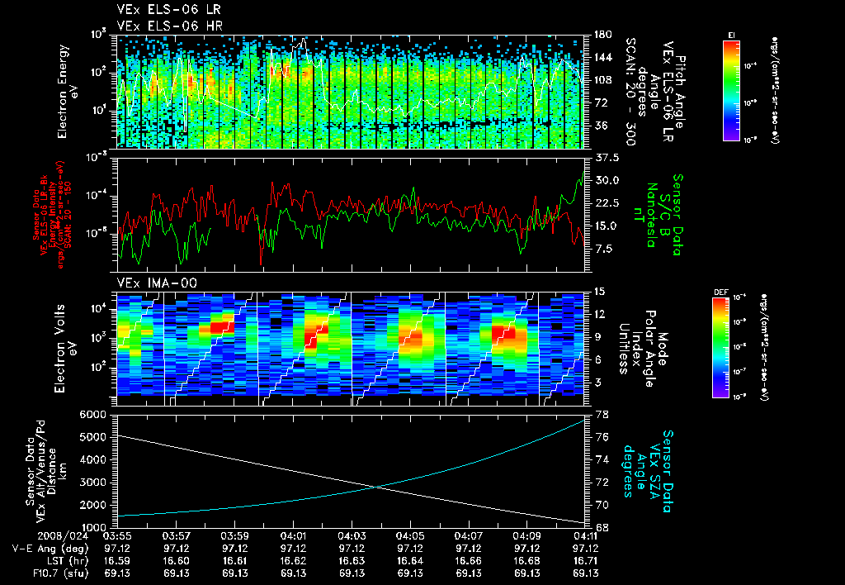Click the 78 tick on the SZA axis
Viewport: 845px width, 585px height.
pos(602,414)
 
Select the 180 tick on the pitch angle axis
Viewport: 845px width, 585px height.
pos(603,35)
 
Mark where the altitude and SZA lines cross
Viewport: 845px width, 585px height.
pos(378,487)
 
